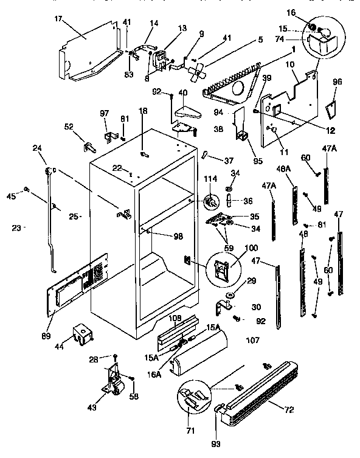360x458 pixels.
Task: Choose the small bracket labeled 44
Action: tap(80, 333)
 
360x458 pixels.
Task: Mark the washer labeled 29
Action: tap(232, 296)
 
